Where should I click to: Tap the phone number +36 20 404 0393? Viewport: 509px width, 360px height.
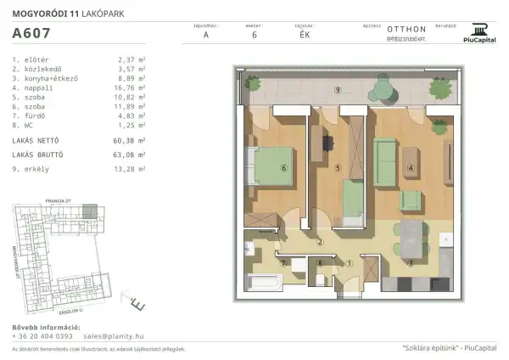pyautogui.click(x=42, y=336)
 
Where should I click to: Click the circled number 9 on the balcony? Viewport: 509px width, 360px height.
pyautogui.click(x=338, y=89)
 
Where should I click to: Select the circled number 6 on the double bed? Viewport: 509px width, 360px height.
pyautogui.click(x=283, y=168)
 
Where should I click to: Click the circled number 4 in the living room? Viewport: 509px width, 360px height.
pyautogui.click(x=411, y=168)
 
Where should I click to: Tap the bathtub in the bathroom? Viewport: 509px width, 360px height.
pyautogui.click(x=265, y=278)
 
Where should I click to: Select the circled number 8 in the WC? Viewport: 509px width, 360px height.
pyautogui.click(x=319, y=263)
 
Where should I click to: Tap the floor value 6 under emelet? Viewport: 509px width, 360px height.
pyautogui.click(x=254, y=35)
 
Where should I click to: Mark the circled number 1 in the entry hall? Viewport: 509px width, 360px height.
pyautogui.click(x=349, y=263)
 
